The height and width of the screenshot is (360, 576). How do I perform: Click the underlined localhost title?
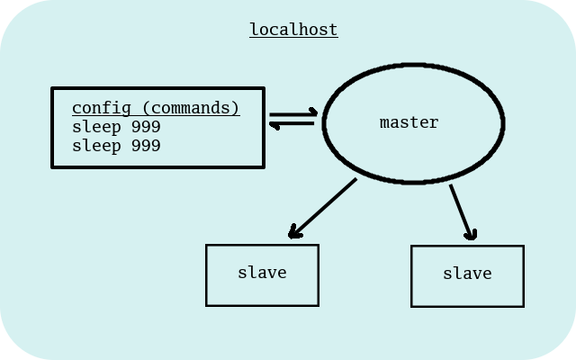(293, 30)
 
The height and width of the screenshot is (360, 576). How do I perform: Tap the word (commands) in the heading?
(191, 108)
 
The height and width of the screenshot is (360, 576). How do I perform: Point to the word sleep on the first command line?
(96, 127)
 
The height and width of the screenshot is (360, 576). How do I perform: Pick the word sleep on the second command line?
(96, 145)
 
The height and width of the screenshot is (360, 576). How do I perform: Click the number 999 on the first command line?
(146, 127)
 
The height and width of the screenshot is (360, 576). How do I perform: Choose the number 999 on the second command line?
(146, 145)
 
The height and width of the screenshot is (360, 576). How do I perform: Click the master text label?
(409, 122)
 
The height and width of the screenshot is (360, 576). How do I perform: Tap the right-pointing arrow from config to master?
(293, 113)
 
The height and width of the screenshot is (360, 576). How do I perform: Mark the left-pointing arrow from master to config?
(292, 124)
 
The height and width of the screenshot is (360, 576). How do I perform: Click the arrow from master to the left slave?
(322, 208)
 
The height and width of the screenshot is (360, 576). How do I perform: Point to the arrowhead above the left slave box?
(293, 233)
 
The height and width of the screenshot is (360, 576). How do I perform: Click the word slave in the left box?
(262, 272)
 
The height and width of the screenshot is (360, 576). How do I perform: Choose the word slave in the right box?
(467, 273)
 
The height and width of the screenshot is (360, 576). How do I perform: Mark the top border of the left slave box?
(262, 245)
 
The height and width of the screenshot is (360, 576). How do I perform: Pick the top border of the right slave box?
(467, 246)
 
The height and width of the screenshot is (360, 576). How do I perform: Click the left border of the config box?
(52, 127)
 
